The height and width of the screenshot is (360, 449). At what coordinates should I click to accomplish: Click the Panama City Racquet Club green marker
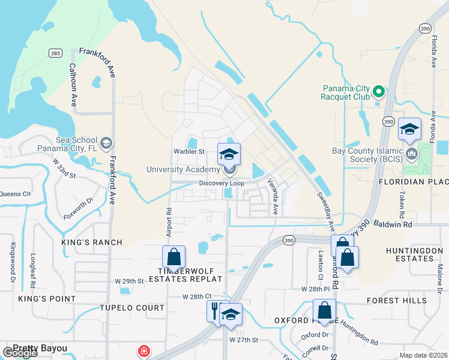click(x=378, y=92)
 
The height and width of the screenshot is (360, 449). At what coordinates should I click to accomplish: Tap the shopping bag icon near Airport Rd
click(x=173, y=257)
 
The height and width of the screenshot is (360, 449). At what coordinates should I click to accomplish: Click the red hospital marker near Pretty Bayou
click(x=143, y=351)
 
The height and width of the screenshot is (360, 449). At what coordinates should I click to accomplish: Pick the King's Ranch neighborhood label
click(x=92, y=242)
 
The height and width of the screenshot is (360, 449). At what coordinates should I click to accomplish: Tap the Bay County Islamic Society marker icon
click(x=412, y=154)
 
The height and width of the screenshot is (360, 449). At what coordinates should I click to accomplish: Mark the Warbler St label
click(x=190, y=152)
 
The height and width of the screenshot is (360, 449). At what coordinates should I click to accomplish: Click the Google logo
click(x=20, y=352)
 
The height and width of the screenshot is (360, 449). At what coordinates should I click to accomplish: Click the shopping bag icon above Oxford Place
click(x=324, y=311)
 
